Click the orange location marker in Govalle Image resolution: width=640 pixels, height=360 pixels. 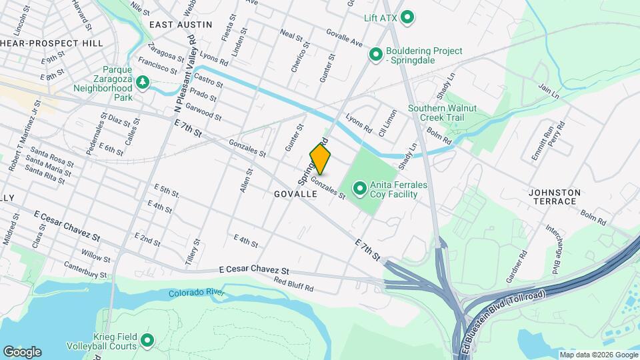click(x=320, y=159)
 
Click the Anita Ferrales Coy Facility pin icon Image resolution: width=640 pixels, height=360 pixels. click(x=360, y=189)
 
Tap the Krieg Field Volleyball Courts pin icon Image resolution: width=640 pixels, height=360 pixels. click(x=145, y=341)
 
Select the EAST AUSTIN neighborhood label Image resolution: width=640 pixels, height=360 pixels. click(x=181, y=25)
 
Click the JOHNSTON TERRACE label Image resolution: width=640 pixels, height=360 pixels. click(x=554, y=197)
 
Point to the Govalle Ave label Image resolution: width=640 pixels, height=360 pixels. click(x=345, y=38)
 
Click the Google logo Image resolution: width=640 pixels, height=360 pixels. click(x=22, y=352)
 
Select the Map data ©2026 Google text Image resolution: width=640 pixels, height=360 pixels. click(x=599, y=354)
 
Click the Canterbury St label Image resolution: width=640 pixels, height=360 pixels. click(x=85, y=270)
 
